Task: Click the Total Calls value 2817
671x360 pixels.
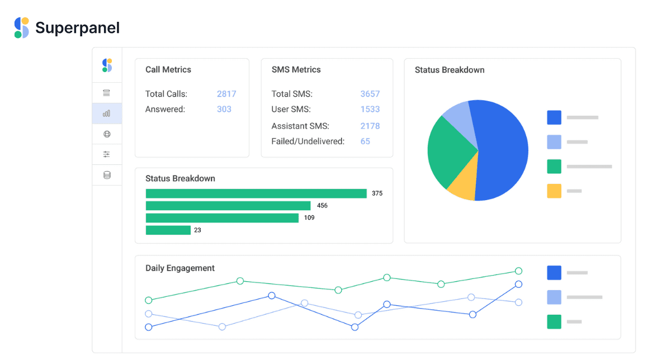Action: pos(226,94)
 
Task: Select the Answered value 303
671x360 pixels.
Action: pos(224,110)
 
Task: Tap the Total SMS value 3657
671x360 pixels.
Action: pos(370,94)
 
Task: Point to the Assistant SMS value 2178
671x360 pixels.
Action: pos(370,126)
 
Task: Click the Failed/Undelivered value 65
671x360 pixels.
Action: pos(365,141)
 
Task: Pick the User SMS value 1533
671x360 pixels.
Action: pos(370,110)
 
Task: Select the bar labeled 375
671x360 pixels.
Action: pos(256,193)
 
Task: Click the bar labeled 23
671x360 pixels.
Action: pos(168,230)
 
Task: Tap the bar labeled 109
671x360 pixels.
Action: pos(223,218)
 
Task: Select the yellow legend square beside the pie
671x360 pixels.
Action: pos(554,191)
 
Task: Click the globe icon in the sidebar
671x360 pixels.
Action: pos(107,134)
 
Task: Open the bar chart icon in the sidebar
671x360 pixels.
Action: pos(107,113)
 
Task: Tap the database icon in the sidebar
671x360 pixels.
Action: pos(107,175)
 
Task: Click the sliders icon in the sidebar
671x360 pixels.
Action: pos(107,154)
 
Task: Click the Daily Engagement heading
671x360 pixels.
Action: pos(180,268)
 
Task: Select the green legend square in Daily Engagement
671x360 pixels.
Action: pos(554,321)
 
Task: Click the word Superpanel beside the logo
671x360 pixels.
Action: pos(78,28)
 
